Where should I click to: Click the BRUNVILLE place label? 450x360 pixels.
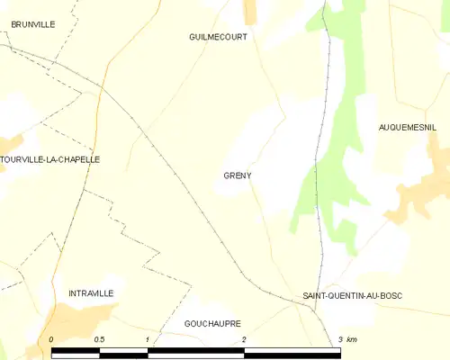point(27,24)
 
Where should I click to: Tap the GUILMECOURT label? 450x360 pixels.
point(218,37)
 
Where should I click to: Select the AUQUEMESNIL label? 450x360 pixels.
point(408,129)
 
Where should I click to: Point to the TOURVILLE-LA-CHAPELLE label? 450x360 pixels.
point(50,159)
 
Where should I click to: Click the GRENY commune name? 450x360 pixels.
point(238,175)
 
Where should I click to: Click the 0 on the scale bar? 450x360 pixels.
point(51,339)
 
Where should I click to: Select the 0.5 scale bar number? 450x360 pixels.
point(99,339)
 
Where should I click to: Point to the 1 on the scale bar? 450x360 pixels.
point(147,339)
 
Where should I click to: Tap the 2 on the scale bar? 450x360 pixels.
point(243,339)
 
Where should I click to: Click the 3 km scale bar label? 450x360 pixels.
point(346,339)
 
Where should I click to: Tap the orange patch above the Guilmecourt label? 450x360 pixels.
point(250,11)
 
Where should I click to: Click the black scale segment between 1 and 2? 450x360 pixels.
point(195,352)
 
